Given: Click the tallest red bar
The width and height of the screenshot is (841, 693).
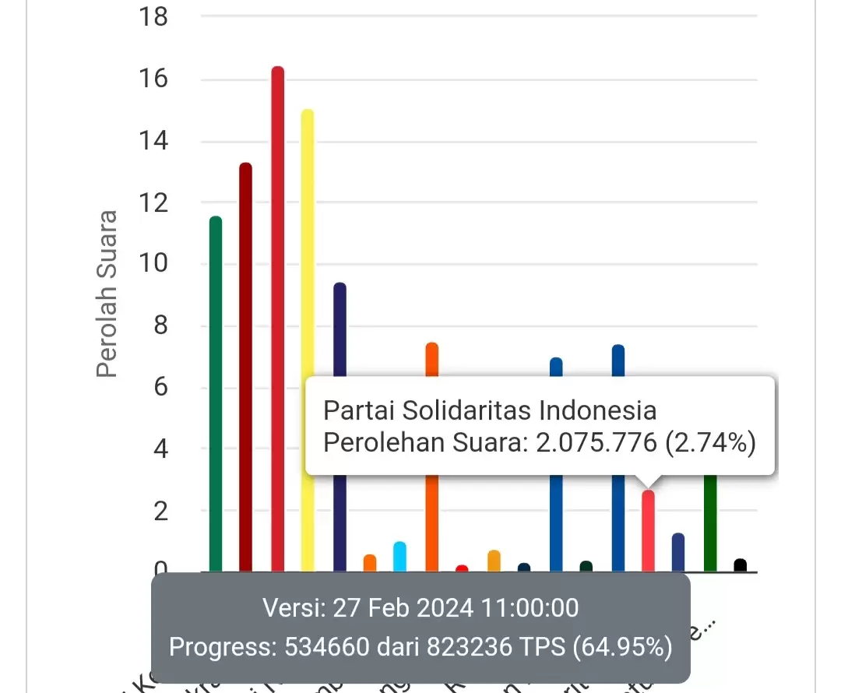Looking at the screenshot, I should click(277, 311).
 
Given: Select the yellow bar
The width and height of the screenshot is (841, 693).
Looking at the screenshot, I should click(308, 335).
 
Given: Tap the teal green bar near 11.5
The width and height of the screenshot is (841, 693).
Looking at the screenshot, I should click(216, 389).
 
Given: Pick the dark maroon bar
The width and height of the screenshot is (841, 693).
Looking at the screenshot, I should click(245, 366).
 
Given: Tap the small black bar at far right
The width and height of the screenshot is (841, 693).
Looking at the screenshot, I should click(740, 565).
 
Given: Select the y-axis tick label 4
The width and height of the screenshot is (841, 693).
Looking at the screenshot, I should click(160, 449).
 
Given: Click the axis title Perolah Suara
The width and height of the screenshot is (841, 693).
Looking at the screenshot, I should click(107, 294).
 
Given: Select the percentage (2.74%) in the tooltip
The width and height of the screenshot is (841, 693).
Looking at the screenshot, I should click(709, 443).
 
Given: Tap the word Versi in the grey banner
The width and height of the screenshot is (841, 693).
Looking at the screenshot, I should click(291, 607).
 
